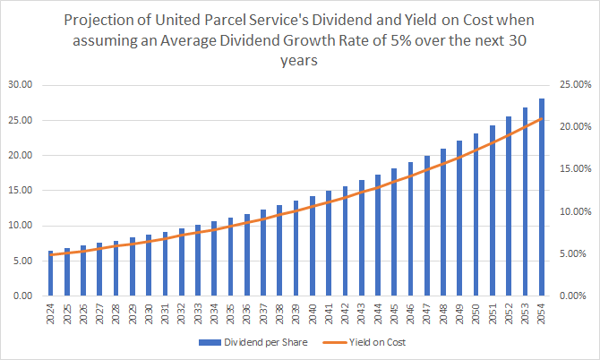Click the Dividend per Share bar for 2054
(x=541, y=197)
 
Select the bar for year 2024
(x=51, y=273)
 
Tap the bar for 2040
(x=312, y=245)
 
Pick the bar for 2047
(x=426, y=226)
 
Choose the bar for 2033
(x=198, y=260)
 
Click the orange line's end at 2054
(x=541, y=118)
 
